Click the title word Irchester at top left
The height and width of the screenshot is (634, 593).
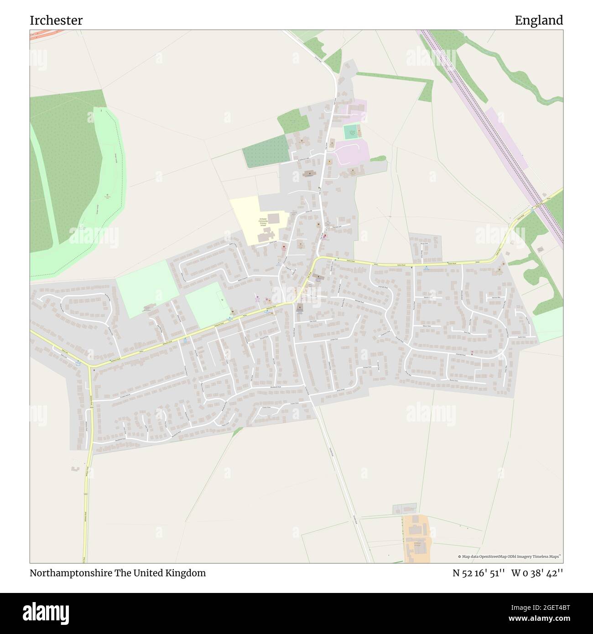click(56, 21)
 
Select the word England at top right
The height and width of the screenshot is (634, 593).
click(539, 21)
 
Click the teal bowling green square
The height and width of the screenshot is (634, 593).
click(349, 132)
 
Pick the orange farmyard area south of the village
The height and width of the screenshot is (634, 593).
click(416, 538)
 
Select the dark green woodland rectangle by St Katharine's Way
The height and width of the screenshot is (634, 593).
click(266, 151)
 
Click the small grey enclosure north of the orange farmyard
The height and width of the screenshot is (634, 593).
click(404, 508)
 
